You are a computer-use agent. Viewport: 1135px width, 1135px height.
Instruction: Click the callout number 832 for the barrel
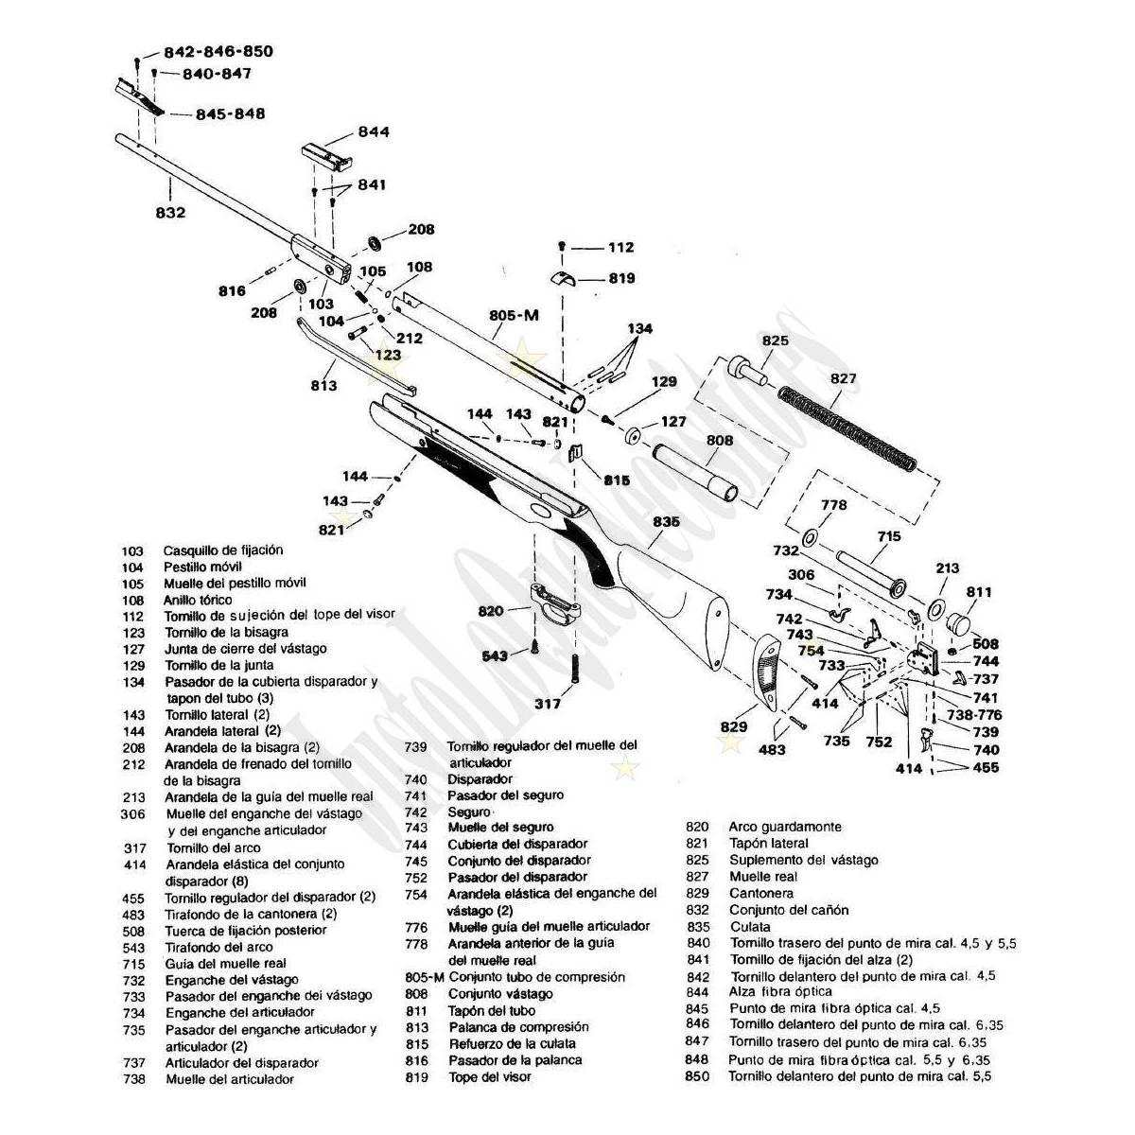tap(170, 213)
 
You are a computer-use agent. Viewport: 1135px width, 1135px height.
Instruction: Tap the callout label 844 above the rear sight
tap(374, 132)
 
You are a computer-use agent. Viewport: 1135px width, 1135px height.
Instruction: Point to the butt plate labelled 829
tap(765, 672)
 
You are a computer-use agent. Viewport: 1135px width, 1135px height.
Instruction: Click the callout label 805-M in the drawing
tap(514, 315)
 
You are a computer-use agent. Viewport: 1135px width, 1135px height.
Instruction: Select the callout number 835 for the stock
tap(666, 521)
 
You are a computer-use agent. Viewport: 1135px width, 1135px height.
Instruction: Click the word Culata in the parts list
tap(750, 927)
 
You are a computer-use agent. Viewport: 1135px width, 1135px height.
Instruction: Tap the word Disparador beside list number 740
tap(480, 778)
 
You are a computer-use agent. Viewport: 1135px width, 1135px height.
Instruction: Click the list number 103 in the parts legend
tap(132, 550)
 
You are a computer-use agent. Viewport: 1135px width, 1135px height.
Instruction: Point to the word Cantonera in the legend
tap(761, 893)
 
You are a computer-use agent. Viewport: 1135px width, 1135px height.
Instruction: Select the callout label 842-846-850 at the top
tap(218, 51)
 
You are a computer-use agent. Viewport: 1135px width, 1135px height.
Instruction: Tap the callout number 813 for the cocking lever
tap(324, 386)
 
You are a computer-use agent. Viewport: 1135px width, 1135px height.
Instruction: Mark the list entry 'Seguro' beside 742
tap(470, 812)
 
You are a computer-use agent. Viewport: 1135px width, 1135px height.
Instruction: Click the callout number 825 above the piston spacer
tap(776, 340)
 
